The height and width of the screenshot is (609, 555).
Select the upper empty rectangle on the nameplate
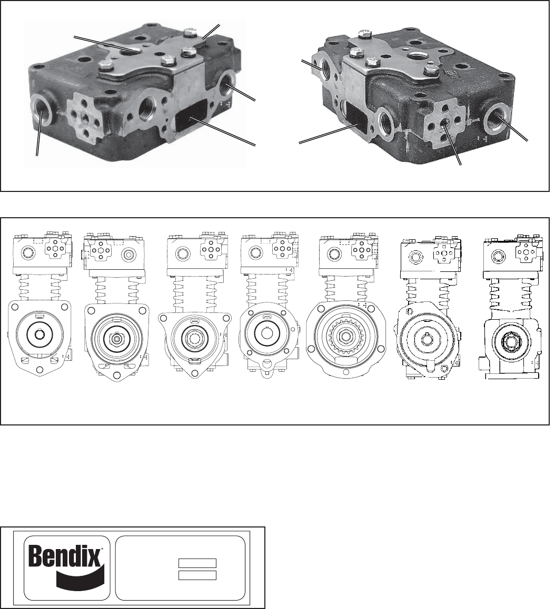197,563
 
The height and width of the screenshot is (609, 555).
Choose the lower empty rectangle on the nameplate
197,575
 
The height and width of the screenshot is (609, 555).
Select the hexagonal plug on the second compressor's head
130,255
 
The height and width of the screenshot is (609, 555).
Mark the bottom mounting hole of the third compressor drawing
195,373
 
